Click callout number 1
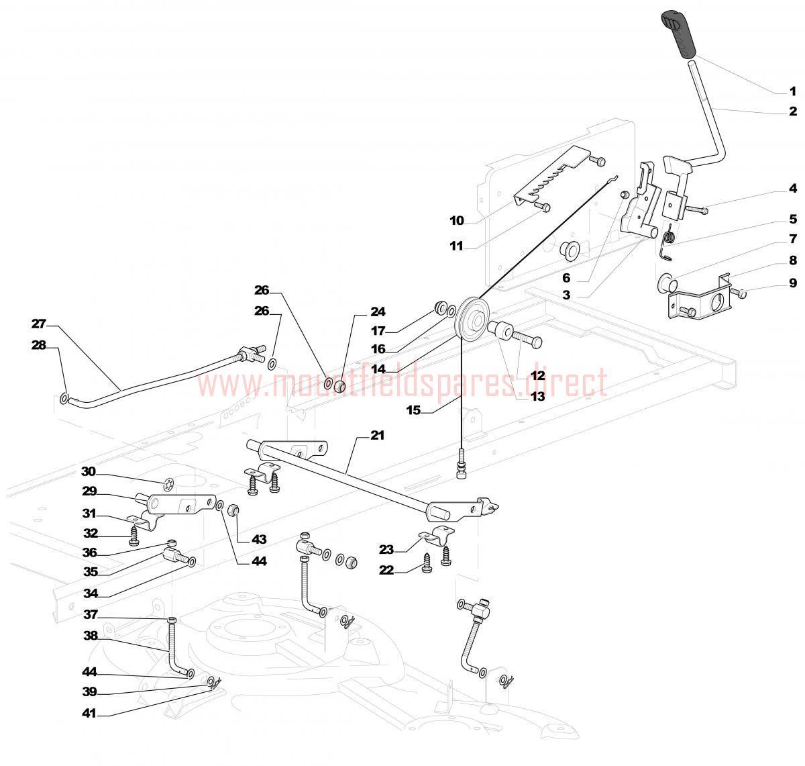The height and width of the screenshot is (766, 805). (792, 91)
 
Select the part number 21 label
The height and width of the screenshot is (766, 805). (378, 436)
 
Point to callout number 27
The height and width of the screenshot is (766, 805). (38, 324)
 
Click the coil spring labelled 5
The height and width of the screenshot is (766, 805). (668, 236)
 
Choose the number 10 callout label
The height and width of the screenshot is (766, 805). (456, 220)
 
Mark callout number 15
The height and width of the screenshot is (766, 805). (413, 410)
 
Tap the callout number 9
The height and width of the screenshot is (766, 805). (792, 283)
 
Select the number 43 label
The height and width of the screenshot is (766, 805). (259, 539)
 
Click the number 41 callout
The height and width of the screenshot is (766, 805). (89, 714)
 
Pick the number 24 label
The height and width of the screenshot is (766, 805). (378, 312)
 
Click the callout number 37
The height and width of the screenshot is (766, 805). (91, 614)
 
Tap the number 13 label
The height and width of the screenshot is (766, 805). (537, 396)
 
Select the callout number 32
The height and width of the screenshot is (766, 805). (91, 534)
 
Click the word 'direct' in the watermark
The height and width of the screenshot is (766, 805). (571, 383)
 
